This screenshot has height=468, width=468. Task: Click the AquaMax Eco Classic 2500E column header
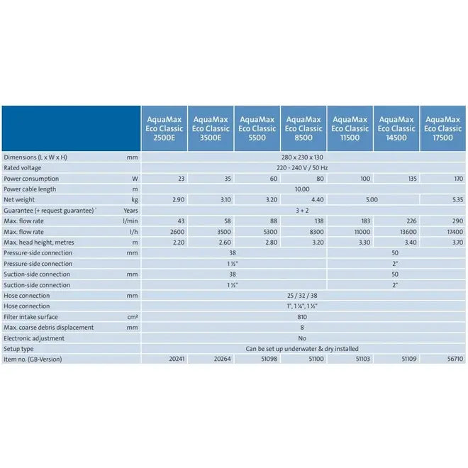pyautogui.click(x=164, y=128)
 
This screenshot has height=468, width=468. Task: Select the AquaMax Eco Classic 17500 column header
pyautogui.click(x=443, y=128)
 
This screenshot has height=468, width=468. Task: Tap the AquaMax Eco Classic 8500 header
pyautogui.click(x=303, y=128)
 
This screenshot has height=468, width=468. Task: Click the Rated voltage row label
pyautogui.click(x=23, y=167)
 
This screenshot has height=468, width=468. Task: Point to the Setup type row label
pyautogui.click(x=18, y=348)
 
